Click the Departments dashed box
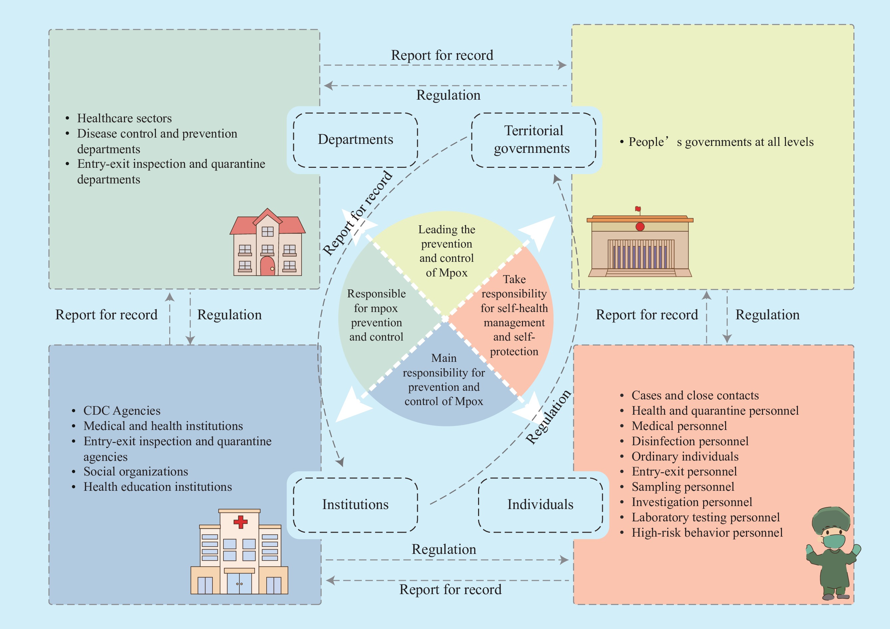(x=355, y=140)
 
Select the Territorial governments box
(x=533, y=140)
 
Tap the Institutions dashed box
(x=355, y=505)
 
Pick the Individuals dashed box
(x=540, y=505)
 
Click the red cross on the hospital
(x=240, y=522)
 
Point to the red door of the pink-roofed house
(x=267, y=266)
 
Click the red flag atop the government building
(x=638, y=209)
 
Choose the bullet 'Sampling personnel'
(x=683, y=487)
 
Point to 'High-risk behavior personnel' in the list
(x=707, y=533)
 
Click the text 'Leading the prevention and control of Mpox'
(x=446, y=251)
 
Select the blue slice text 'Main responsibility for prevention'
(x=444, y=379)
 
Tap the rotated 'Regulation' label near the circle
(x=548, y=417)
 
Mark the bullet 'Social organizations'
(x=136, y=472)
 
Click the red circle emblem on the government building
(x=640, y=227)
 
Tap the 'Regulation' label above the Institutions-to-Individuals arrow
(x=444, y=550)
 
